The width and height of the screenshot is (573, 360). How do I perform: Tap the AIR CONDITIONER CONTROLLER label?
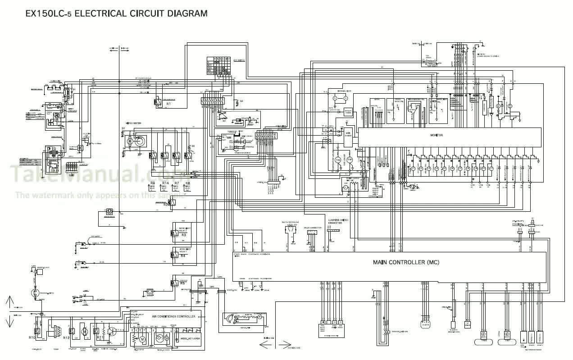173,316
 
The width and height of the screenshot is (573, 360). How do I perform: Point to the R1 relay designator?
168,104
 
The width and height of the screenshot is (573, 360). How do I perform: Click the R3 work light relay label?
183,235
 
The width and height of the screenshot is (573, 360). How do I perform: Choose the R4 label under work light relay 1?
183,256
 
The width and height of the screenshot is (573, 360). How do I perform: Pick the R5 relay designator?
183,283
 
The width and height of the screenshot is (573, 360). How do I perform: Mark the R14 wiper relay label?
165,183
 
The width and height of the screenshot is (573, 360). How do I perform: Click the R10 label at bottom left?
32,337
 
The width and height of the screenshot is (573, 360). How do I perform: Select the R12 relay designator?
66,337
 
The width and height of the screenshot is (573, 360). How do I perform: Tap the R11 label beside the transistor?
100,337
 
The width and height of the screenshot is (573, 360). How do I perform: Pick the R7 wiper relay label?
177,183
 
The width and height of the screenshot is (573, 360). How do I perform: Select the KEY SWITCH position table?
218,66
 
